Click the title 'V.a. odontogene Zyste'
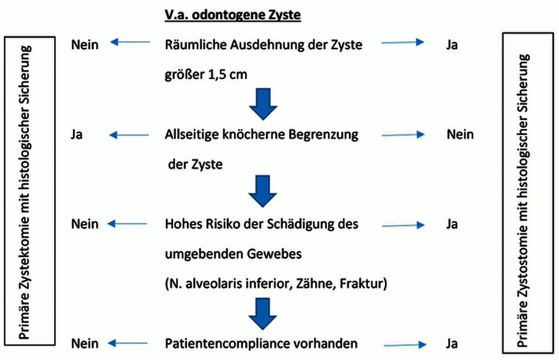(233, 15)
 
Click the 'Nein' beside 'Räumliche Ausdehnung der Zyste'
(85, 45)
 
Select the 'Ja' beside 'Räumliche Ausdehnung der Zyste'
(451, 45)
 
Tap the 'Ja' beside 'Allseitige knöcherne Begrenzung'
(76, 134)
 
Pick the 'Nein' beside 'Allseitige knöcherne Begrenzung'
(460, 134)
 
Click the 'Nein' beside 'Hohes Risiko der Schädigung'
(85, 224)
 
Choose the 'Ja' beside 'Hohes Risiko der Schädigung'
(451, 225)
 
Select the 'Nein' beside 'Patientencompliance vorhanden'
(85, 344)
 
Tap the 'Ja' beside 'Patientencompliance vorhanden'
(451, 344)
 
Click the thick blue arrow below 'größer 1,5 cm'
(263, 104)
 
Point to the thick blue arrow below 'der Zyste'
(263, 191)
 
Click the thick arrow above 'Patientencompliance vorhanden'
(263, 314)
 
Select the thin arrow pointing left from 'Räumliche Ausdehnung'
(130, 42)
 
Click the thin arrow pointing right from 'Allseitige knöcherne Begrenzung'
(403, 134)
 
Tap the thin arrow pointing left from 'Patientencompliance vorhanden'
(128, 343)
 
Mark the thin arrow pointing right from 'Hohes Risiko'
(403, 225)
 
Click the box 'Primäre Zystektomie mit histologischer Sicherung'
(30, 191)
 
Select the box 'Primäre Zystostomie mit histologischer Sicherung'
(528, 193)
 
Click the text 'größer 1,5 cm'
(206, 75)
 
